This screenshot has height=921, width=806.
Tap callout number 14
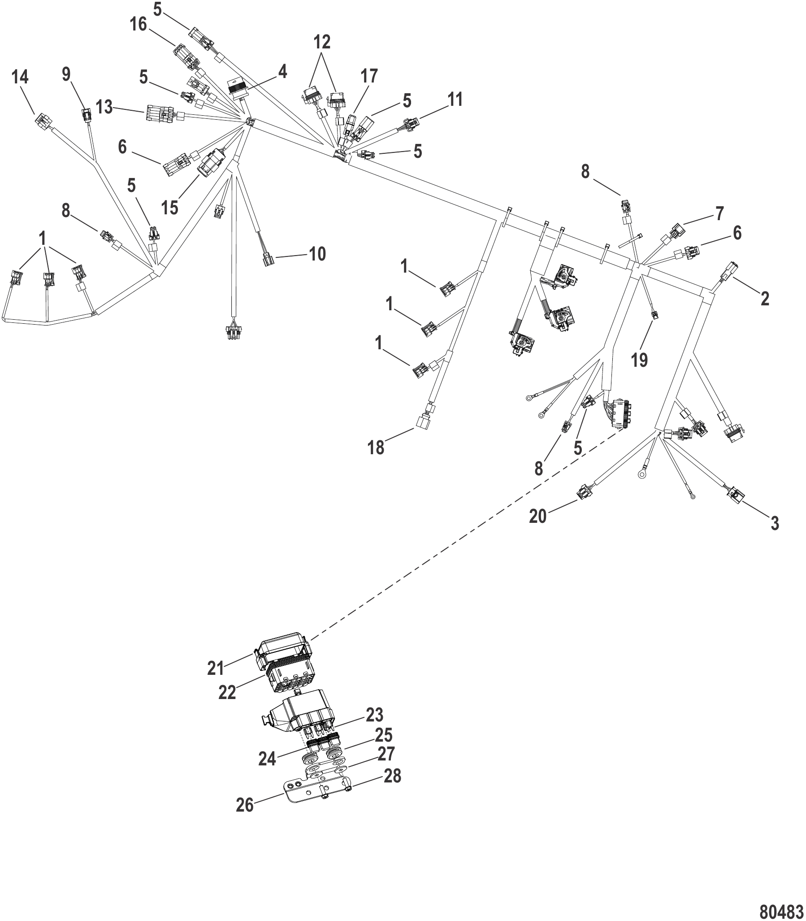pos(20,77)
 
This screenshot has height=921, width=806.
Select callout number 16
pos(139,25)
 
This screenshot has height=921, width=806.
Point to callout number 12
pos(322,42)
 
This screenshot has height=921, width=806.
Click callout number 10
pos(317,254)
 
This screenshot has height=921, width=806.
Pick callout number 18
pos(376,447)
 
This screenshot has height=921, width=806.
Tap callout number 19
pos(639,360)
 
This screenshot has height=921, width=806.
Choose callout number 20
pos(537,516)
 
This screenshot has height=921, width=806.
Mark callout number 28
pos(392,776)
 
